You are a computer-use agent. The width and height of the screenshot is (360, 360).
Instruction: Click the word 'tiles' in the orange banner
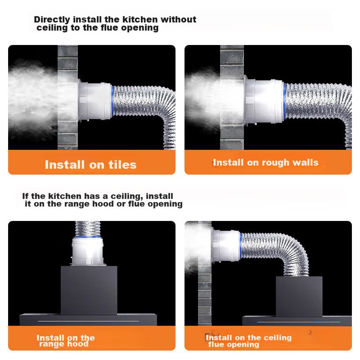pyautogui.click(x=122, y=165)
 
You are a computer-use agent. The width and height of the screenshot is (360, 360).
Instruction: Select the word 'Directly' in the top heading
pyautogui.click(x=52, y=20)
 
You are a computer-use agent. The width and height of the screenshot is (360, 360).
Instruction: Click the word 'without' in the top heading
pyautogui.click(x=178, y=19)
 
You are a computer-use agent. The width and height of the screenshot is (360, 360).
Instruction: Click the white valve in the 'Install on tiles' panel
pyautogui.click(x=95, y=101)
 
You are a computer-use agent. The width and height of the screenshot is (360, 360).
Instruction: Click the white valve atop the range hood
pyautogui.click(x=87, y=251)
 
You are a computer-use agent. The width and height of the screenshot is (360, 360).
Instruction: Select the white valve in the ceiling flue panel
pyautogui.click(x=226, y=246)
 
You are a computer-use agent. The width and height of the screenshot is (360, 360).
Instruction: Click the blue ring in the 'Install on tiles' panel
pyautogui.click(x=112, y=101)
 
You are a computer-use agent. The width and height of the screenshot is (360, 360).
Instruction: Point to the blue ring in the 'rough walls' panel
pyautogui.click(x=285, y=101)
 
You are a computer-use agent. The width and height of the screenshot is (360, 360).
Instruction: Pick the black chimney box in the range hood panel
pyautogui.click(x=89, y=290)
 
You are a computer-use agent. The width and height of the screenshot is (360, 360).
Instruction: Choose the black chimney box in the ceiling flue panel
pyautogui.click(x=299, y=296)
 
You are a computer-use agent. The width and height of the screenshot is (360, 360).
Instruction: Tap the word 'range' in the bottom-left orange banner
pyautogui.click(x=50, y=344)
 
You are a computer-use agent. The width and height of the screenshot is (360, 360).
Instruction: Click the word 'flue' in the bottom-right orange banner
pyautogui.click(x=217, y=344)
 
